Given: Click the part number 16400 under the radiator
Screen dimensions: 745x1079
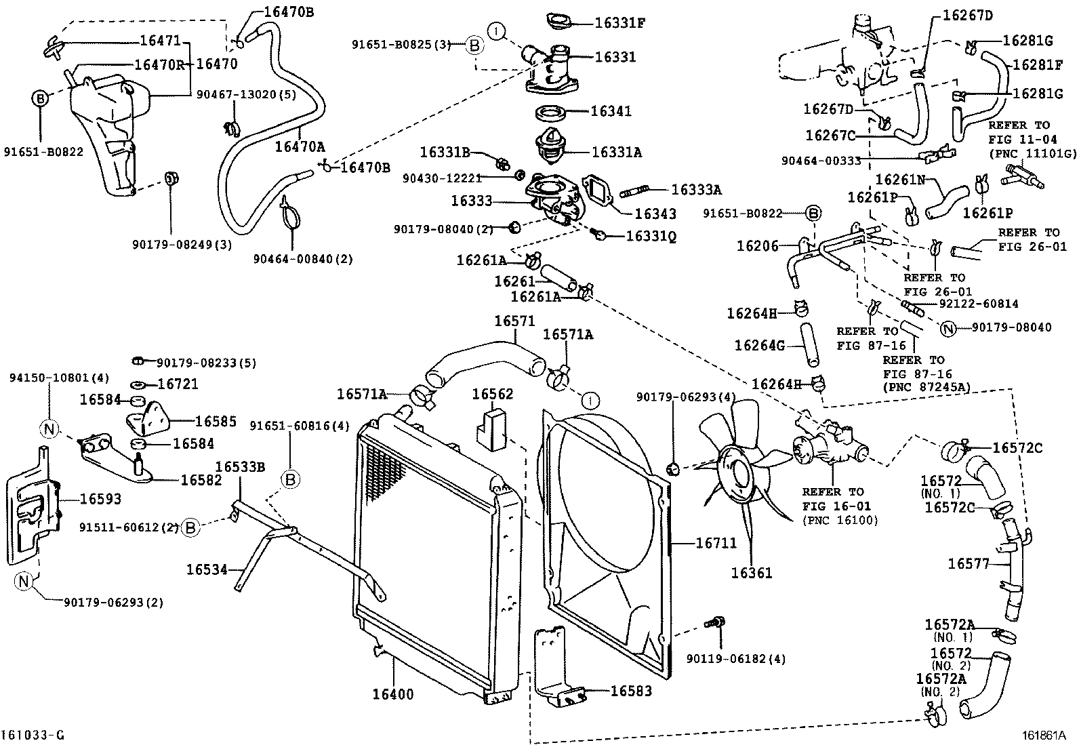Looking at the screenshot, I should [392, 694].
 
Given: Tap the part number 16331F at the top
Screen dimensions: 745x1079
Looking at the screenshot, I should [619, 22].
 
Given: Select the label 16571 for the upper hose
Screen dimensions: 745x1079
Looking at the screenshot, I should [514, 321].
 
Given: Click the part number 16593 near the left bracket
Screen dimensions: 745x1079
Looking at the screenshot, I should [100, 499].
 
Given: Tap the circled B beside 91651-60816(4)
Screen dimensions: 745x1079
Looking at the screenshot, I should [289, 480].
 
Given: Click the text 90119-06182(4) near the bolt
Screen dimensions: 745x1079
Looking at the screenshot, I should [735, 658].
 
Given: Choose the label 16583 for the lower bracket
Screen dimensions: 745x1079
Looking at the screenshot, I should [631, 691].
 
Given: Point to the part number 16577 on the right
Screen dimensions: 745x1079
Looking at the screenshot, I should [969, 563].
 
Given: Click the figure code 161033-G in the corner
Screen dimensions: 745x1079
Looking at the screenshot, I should [33, 735].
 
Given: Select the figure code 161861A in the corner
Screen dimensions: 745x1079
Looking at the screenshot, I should [1044, 735].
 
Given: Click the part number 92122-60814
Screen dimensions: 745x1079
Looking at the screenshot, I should [975, 304].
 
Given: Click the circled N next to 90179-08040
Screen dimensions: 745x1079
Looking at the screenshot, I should [948, 329].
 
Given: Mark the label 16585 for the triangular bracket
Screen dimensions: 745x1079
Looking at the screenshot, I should [216, 422].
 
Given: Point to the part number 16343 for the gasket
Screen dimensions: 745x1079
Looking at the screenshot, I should [655, 214].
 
